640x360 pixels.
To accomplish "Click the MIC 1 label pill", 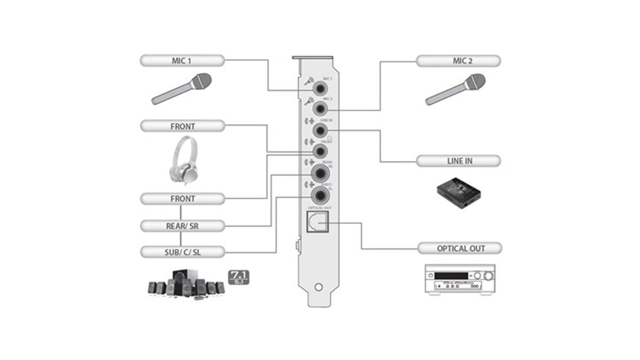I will pyautogui.click(x=182, y=61).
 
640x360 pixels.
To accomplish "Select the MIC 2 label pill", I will pyautogui.click(x=458, y=61).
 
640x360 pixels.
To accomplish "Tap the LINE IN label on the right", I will pyautogui.click(x=458, y=161).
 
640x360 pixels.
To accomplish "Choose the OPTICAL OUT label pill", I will pyautogui.click(x=460, y=248).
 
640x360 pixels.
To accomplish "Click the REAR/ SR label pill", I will pyautogui.click(x=182, y=226).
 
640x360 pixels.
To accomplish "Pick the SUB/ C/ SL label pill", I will pyautogui.click(x=182, y=252).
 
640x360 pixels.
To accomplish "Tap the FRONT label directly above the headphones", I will pyautogui.click(x=182, y=126).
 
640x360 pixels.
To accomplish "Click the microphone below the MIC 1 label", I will pyautogui.click(x=182, y=89).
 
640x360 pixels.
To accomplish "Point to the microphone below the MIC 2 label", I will pyautogui.click(x=456, y=89).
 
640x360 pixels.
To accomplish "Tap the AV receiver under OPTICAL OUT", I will pyautogui.click(x=460, y=280).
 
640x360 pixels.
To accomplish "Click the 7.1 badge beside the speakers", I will pyautogui.click(x=239, y=277).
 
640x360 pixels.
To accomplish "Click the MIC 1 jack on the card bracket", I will pyautogui.click(x=320, y=88).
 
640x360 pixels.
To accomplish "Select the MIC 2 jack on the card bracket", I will pyautogui.click(x=320, y=108).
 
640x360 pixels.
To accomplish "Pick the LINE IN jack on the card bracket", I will pyautogui.click(x=320, y=130).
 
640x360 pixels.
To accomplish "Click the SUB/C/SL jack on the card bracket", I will pyautogui.click(x=320, y=195).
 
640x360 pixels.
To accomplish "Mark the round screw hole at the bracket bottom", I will pyautogui.click(x=318, y=287).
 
